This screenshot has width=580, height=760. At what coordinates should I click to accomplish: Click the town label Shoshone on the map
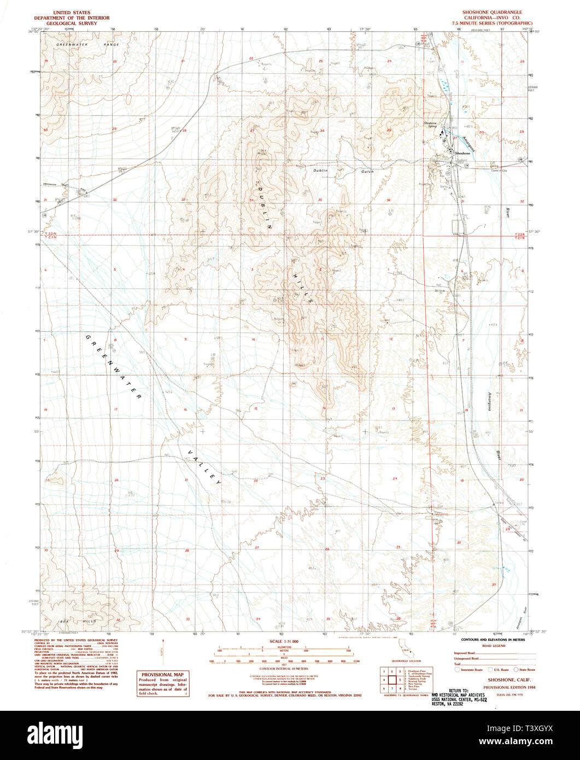(x=462, y=154)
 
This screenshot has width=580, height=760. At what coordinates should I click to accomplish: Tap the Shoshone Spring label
(x=430, y=125)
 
